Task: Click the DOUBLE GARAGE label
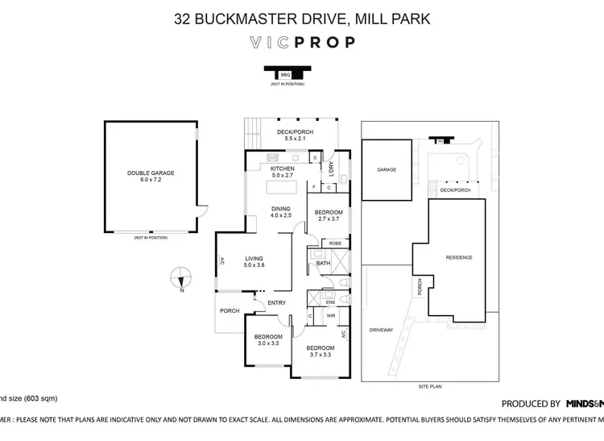tap(150, 176)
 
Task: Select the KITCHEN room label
tap(283, 171)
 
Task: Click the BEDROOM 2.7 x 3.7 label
tap(329, 214)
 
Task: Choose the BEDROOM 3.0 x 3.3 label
tap(268, 339)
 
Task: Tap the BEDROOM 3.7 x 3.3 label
tap(320, 351)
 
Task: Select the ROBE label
tap(336, 243)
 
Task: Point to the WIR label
tap(329, 317)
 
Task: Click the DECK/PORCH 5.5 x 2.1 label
tap(295, 135)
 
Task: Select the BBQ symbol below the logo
tap(284, 74)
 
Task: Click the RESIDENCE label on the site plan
tap(459, 257)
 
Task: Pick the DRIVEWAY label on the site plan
tap(381, 330)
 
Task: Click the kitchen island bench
tap(283, 189)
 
